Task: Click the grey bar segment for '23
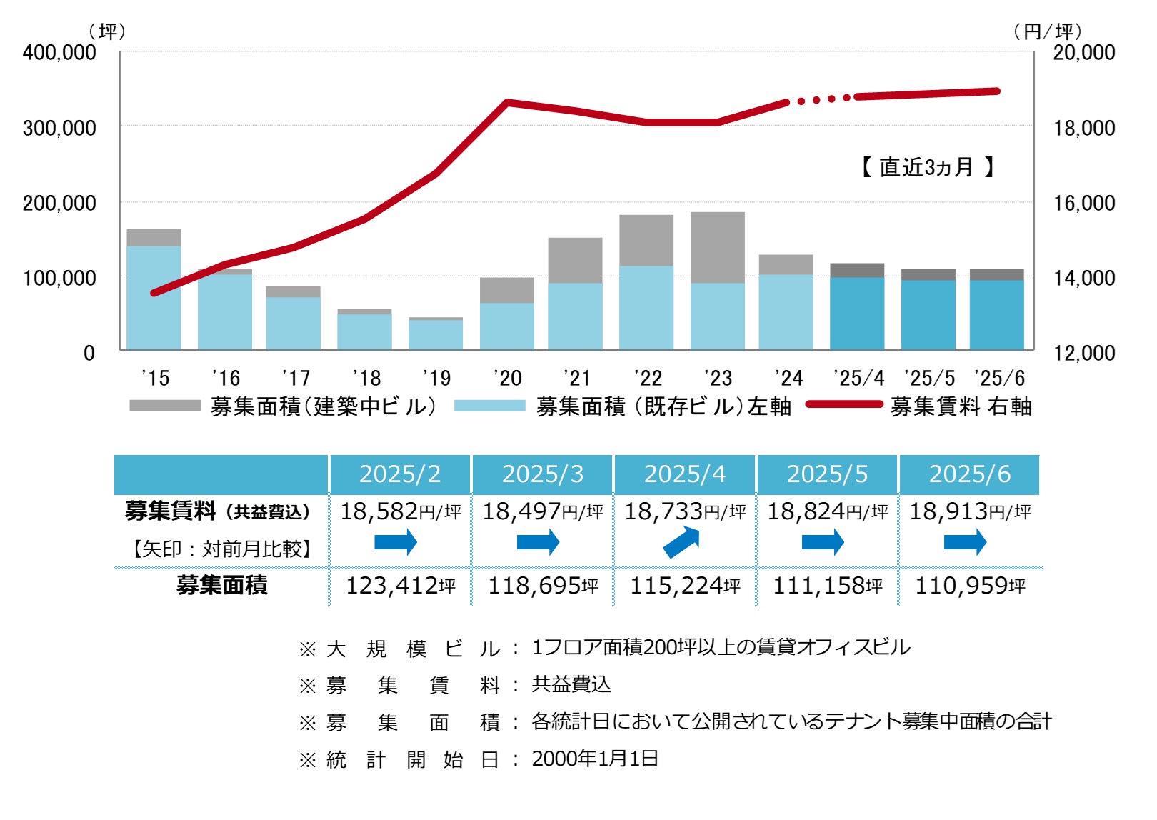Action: point(717,247)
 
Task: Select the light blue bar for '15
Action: point(154,298)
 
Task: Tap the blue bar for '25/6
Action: point(996,314)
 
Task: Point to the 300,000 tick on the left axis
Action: point(59,128)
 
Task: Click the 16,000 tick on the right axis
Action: point(1084,203)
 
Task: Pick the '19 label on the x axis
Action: point(436,378)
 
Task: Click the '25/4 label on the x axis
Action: point(858,378)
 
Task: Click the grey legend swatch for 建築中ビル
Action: point(165,406)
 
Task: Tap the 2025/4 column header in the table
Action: point(684,474)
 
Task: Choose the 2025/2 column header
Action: point(400,474)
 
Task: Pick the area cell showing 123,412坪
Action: point(400,586)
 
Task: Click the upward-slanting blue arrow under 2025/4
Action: point(681,542)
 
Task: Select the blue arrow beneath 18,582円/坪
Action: point(396,542)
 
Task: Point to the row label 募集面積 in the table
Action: point(221,586)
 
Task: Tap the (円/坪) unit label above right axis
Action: point(1048,31)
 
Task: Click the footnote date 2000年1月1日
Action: point(595,759)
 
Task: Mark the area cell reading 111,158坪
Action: point(827,586)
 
